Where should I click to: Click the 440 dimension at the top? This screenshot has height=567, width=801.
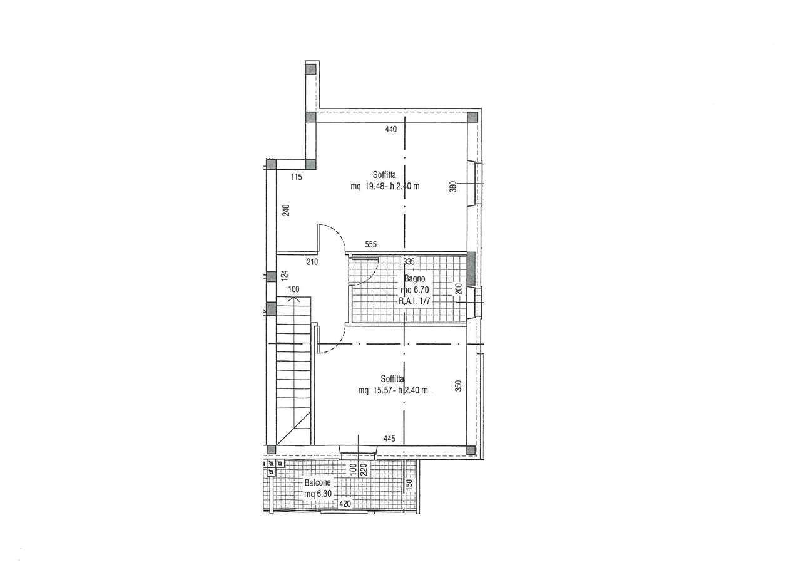pyautogui.click(x=391, y=129)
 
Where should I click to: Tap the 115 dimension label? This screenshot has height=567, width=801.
pyautogui.click(x=297, y=177)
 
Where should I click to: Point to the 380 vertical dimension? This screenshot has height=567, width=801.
pyautogui.click(x=452, y=187)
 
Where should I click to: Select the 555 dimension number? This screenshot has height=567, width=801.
pyautogui.click(x=371, y=244)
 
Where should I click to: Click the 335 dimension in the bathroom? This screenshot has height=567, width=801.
pyautogui.click(x=409, y=262)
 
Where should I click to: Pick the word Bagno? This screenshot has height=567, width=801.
pyautogui.click(x=414, y=278)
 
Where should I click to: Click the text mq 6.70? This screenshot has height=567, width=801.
pyautogui.click(x=415, y=289)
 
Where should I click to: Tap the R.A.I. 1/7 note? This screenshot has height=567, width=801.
pyautogui.click(x=414, y=301)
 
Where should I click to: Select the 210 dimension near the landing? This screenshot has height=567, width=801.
pyautogui.click(x=312, y=262)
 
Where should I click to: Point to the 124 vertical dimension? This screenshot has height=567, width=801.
pyautogui.click(x=285, y=275)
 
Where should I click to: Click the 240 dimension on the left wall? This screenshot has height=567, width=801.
pyautogui.click(x=286, y=210)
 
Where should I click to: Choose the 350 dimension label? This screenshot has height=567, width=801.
pyautogui.click(x=459, y=385)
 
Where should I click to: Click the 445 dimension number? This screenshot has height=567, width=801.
pyautogui.click(x=389, y=439)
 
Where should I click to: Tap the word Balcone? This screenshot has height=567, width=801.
pyautogui.click(x=317, y=483)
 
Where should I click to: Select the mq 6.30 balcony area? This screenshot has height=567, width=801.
pyautogui.click(x=318, y=494)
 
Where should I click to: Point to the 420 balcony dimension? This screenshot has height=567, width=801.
pyautogui.click(x=345, y=504)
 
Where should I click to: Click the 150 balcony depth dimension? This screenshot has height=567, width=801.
pyautogui.click(x=409, y=484)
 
